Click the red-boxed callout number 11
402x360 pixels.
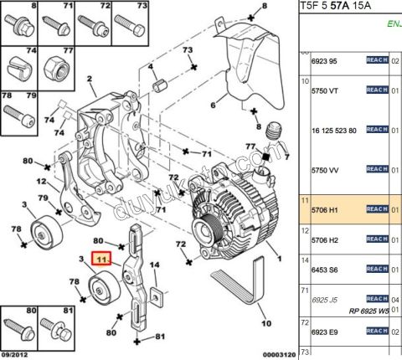[101, 260]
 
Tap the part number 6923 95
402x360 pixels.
[325, 62]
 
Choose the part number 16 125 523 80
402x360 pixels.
[333, 131]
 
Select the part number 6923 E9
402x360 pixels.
[325, 332]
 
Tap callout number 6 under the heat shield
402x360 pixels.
[213, 105]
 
